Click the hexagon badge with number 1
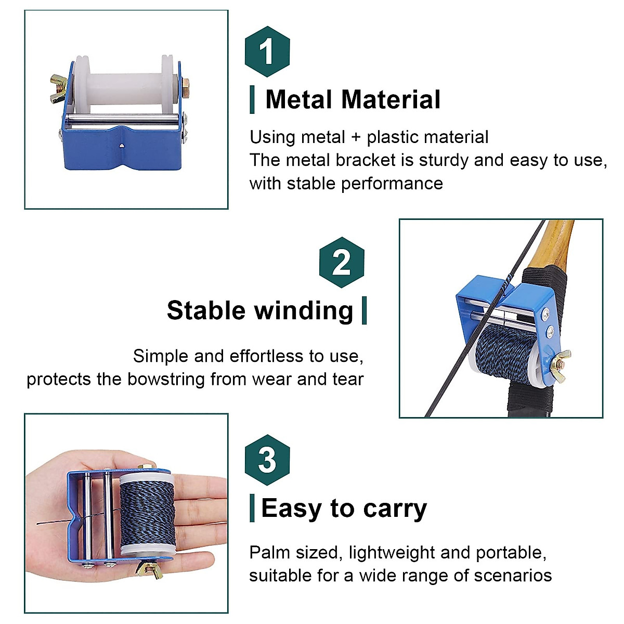pyautogui.click(x=267, y=51)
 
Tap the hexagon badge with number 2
pyautogui.click(x=341, y=262)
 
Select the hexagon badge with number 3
pyautogui.click(x=267, y=460)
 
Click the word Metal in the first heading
pyautogui.click(x=299, y=99)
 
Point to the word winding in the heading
pyautogui.click(x=304, y=310)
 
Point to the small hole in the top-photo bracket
pyautogui.click(x=121, y=147)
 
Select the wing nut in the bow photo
pyautogui.click(x=560, y=360)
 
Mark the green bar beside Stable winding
pyautogui.click(x=364, y=310)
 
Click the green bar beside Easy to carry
pyautogui.click(x=252, y=508)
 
